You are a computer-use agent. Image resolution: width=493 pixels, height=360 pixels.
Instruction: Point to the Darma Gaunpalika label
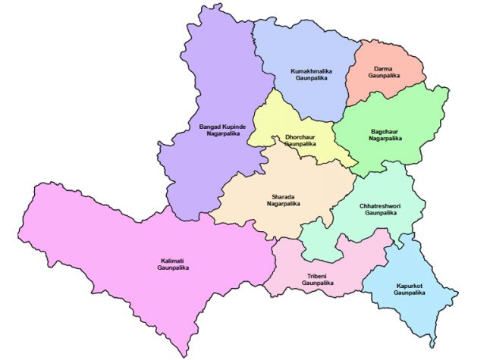click(x=382, y=72)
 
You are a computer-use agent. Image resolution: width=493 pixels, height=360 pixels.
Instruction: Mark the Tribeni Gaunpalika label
click(x=316, y=279)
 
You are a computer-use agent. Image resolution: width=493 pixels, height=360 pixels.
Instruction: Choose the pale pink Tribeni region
click(x=303, y=258)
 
